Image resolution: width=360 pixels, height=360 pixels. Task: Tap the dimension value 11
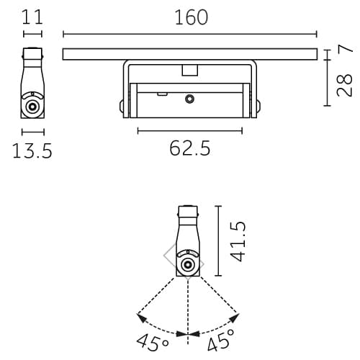click(32, 17)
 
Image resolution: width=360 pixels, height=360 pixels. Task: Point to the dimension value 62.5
click(190, 149)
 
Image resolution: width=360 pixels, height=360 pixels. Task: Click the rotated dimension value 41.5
click(238, 240)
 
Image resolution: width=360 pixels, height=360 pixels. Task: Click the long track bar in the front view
click(190, 54)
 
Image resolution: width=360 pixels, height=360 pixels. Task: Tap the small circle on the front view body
click(190, 99)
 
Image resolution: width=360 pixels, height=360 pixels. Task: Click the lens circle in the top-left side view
click(32, 107)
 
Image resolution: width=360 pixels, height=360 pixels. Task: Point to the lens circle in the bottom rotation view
click(188, 264)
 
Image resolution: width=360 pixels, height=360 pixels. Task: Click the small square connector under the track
click(190, 70)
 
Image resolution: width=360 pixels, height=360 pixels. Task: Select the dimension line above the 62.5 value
click(190, 130)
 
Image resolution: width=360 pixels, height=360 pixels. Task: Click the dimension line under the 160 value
click(190, 33)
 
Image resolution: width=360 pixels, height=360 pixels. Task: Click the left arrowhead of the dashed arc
click(140, 315)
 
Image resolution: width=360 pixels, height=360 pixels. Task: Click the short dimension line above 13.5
click(32, 131)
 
